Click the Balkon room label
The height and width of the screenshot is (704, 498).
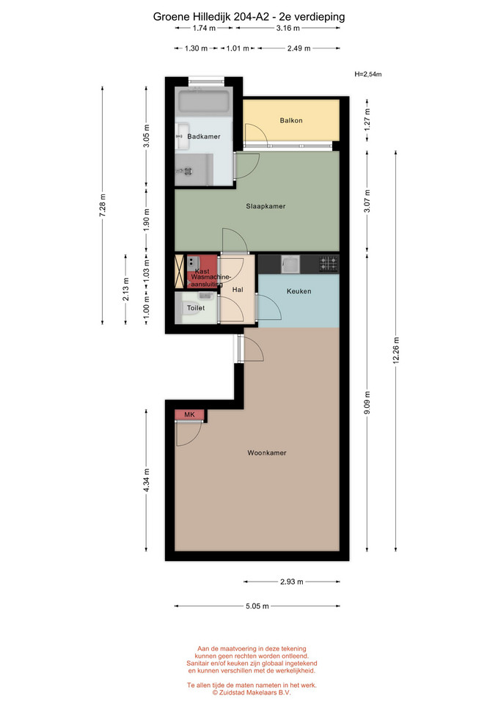tap(291, 120)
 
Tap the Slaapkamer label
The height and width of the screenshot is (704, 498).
tap(266, 206)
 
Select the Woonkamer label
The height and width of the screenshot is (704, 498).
tap(267, 452)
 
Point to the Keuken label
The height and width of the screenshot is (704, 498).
tap(299, 291)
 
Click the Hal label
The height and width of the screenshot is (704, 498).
tap(238, 290)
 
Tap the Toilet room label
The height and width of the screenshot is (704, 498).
tap(196, 307)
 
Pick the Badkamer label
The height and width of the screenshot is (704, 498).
tap(204, 136)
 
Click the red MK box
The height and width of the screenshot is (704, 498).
tap(189, 414)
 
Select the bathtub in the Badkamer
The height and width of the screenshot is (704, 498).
tap(205, 103)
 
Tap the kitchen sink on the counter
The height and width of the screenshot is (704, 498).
tap(290, 264)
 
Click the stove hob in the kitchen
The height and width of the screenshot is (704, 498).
tap(329, 263)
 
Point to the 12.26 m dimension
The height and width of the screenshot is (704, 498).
tap(396, 351)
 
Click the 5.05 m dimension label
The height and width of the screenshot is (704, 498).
tap(257, 606)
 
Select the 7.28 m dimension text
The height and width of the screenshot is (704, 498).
tap(103, 205)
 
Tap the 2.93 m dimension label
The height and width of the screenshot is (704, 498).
tap(292, 582)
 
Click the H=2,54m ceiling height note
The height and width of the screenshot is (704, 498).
tap(368, 74)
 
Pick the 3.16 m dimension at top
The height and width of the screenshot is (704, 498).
tap(288, 28)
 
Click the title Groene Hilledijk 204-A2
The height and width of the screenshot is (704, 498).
tap(211, 17)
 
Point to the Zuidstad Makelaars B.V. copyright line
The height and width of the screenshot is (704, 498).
tap(252, 692)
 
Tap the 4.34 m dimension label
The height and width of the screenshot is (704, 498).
tap(147, 480)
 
